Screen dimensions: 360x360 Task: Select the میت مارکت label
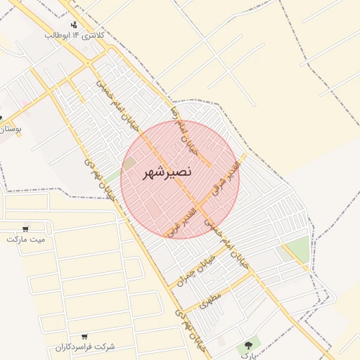25,239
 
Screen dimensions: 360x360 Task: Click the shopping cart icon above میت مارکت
26,229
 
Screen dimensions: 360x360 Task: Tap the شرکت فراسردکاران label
85,347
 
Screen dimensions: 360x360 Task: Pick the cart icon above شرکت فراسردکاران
85,337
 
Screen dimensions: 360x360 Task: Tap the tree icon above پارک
247,345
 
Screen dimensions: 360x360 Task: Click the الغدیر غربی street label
179,221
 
